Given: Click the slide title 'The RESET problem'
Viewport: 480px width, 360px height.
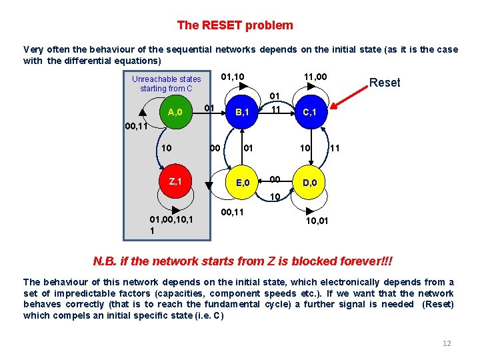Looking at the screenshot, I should coord(235,25).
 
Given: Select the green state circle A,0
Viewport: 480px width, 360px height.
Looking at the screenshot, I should coord(176,112).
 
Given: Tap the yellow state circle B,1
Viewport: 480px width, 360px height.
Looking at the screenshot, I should coord(241,112).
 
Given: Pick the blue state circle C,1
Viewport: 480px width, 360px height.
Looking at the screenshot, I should coord(311,112).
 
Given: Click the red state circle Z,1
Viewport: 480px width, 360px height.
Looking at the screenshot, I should coord(176,181).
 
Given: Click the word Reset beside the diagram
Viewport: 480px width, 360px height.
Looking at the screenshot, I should coord(385,83).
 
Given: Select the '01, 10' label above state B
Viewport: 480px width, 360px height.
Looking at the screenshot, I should coord(232,79).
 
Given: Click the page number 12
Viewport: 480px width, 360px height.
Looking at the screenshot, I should coord(447,343).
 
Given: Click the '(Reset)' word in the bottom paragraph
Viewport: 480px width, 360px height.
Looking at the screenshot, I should coord(438,304).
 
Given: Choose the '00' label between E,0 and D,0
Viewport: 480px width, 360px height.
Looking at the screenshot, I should coord(275,179).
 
